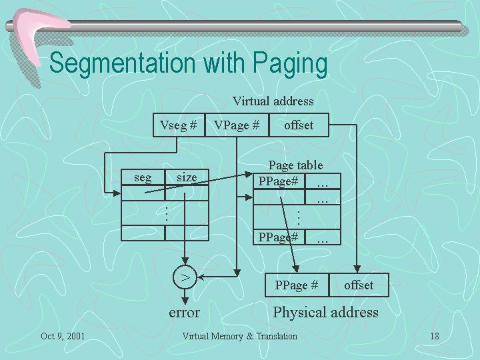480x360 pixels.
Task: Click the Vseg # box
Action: point(179,125)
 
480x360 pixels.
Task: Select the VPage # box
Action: point(237,125)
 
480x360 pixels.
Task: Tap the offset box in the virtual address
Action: point(299,125)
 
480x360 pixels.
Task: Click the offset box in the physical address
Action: point(359,285)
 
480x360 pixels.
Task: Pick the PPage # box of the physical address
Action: point(297,285)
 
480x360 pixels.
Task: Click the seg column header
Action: point(143,177)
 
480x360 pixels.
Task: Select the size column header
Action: point(187,177)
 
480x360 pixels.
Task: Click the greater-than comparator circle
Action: point(185,277)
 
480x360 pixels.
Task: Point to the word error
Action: point(184,313)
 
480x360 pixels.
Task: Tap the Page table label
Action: point(296,165)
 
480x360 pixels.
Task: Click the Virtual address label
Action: point(273,101)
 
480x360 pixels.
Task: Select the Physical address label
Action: point(326,313)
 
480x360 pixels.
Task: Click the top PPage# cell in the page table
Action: point(279,181)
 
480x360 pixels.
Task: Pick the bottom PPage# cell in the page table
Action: point(279,237)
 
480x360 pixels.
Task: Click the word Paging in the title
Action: point(290,63)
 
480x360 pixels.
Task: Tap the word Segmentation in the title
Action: point(123,63)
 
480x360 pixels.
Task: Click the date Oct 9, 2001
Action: point(63,336)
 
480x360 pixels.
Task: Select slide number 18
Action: point(435,336)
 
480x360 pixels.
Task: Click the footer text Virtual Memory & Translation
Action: point(240,336)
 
